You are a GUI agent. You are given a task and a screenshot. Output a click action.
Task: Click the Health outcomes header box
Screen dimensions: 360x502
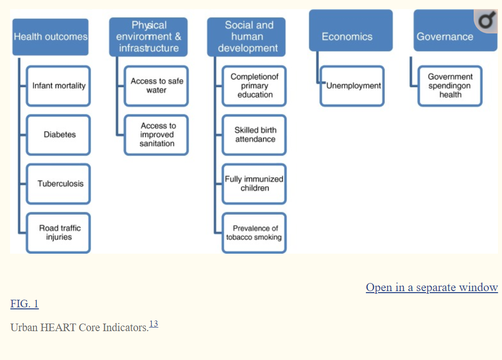[51, 37]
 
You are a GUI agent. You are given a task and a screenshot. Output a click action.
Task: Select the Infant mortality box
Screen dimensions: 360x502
[59, 86]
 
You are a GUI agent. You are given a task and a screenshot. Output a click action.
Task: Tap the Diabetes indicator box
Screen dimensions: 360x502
[59, 135]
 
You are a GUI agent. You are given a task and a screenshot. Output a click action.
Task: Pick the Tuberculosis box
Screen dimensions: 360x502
[59, 183]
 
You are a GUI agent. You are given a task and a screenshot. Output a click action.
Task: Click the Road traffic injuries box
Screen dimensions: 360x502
[59, 232]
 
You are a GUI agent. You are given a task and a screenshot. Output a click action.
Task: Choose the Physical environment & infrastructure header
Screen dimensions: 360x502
[148, 37]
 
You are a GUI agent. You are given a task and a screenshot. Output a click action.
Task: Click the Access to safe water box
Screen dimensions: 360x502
[156, 86]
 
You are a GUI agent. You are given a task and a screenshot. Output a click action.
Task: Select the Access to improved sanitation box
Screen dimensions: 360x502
[156, 135]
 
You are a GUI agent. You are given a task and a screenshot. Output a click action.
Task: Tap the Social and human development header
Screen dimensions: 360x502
[247, 37]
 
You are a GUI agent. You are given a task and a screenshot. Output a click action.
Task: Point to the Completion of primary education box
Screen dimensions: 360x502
[255, 86]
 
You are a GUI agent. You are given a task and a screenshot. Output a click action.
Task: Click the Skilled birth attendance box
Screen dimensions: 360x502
[255, 135]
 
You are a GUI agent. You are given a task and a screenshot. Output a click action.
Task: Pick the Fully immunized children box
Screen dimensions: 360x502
[255, 183]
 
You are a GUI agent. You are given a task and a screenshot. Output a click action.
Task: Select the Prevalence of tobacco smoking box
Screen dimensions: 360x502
[255, 232]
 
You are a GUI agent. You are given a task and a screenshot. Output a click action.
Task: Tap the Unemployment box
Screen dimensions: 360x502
[353, 86]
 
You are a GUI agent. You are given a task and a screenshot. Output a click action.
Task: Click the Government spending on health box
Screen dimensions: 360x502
[450, 86]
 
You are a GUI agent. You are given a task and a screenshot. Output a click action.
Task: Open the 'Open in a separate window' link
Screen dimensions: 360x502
[432, 288]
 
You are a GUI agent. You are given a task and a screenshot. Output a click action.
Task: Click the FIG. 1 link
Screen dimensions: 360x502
[24, 304]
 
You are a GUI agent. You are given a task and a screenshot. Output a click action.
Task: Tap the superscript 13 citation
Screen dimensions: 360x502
[153, 324]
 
